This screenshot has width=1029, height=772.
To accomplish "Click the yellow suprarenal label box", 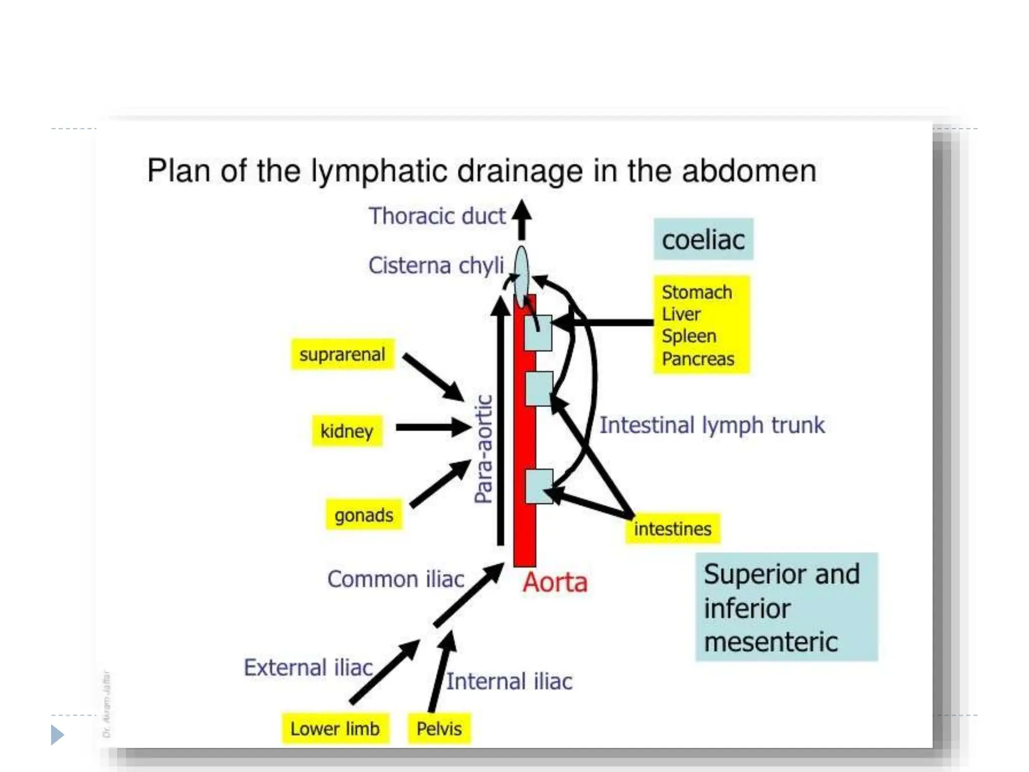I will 342,355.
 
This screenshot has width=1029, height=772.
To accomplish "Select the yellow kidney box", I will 347,431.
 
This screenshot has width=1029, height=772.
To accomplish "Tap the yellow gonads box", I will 364,515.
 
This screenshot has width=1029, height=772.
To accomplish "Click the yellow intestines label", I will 672,529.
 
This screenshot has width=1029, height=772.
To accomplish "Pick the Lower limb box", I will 335,729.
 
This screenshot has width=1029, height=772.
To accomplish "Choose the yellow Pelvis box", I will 439,729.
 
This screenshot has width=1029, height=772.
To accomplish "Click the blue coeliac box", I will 703,240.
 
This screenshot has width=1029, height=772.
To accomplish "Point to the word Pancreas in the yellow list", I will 697,359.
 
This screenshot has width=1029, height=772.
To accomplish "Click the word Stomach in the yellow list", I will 696,292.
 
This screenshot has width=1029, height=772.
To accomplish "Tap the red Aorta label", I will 555,583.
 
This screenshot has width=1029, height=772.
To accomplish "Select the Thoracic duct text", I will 437,216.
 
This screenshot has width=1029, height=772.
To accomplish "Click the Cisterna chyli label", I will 436,265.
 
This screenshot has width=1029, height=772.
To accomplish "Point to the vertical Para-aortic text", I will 483,449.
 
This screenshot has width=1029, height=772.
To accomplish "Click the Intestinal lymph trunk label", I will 711,425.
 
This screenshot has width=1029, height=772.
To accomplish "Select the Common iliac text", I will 395,579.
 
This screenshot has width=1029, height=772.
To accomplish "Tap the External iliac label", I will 308,667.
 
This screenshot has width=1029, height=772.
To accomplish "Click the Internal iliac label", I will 509,682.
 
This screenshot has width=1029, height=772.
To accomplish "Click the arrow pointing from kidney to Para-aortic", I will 433,428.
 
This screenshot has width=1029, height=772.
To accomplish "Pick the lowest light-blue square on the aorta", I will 539,487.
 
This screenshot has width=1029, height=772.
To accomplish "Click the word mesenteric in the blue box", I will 770,642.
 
